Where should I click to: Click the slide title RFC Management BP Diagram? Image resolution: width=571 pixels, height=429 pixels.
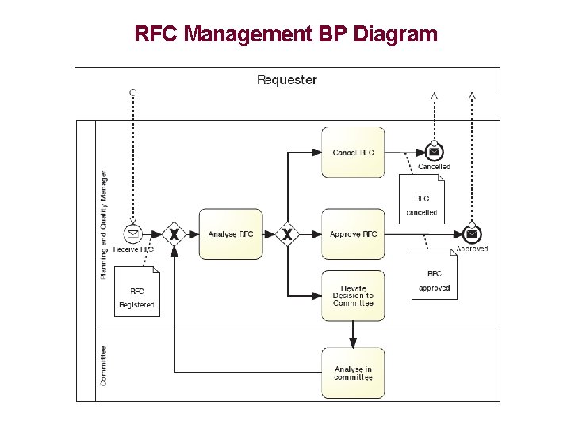click(x=285, y=34)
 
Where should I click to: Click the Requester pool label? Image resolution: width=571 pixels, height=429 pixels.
click(x=286, y=79)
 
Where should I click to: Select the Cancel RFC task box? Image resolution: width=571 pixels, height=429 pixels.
click(x=353, y=152)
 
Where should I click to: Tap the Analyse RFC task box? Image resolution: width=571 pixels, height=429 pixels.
click(x=230, y=234)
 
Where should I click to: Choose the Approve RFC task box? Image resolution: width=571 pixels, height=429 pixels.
click(x=353, y=234)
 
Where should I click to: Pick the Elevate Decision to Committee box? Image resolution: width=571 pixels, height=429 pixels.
click(x=353, y=296)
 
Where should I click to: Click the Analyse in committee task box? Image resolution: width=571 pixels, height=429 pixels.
click(x=353, y=373)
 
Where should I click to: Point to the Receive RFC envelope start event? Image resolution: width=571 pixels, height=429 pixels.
click(x=133, y=234)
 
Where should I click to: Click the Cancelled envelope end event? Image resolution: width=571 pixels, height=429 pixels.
click(x=434, y=152)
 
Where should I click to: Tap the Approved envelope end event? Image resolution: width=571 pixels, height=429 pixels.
click(x=472, y=234)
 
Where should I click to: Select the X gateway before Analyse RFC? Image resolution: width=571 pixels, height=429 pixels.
click(x=174, y=234)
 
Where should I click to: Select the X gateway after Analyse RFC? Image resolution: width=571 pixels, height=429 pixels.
click(x=288, y=234)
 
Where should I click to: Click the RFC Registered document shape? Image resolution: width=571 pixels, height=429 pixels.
click(x=137, y=292)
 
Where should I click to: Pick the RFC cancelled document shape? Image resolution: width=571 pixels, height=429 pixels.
click(x=421, y=199)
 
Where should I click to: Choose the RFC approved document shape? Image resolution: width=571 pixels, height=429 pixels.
click(x=434, y=274)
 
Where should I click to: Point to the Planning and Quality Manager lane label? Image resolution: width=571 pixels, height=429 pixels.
click(x=104, y=224)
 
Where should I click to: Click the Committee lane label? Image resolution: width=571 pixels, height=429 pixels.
click(x=104, y=365)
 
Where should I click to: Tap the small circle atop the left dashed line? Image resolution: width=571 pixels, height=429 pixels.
click(x=133, y=93)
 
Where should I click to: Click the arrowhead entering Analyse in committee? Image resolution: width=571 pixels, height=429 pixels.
click(x=353, y=342)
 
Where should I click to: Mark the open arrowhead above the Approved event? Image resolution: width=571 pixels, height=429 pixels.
click(x=472, y=96)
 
